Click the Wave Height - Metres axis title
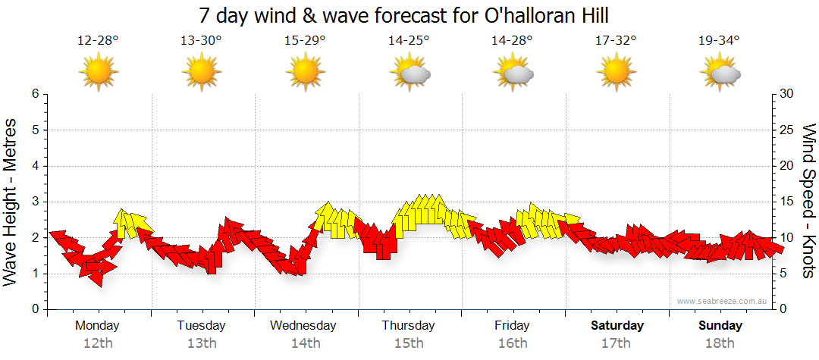[x=11, y=202]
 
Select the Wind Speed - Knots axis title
[x=808, y=202]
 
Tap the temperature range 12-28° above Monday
[x=98, y=41]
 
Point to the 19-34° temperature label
[x=719, y=41]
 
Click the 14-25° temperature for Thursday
[x=409, y=41]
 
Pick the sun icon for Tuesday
[x=202, y=73]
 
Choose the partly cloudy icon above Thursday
[x=410, y=74]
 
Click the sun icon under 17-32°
[x=616, y=73]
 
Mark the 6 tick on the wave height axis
[x=35, y=94]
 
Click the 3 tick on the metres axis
[x=35, y=202]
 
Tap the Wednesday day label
[x=303, y=326]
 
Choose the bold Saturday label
[x=617, y=326]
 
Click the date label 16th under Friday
[x=513, y=343]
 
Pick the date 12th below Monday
[x=98, y=343]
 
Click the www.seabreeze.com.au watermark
[x=723, y=301]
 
